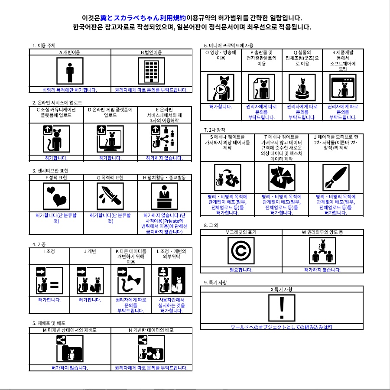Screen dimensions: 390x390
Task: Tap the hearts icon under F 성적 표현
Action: (x=56, y=196)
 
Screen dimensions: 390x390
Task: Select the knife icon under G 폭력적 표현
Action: (x=110, y=196)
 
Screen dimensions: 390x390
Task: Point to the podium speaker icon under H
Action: (x=164, y=196)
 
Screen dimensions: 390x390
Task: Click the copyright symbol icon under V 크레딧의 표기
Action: (x=241, y=251)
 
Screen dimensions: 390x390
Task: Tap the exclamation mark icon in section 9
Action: (x=282, y=308)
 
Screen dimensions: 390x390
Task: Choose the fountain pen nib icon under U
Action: (x=336, y=178)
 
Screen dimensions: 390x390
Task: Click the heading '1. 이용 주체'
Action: (x=44, y=45)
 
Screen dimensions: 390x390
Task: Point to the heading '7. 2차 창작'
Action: (x=214, y=130)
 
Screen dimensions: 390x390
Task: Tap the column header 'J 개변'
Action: (x=90, y=251)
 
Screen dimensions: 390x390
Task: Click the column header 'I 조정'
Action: (x=49, y=251)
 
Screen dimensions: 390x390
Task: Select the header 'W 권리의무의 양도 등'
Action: (x=322, y=233)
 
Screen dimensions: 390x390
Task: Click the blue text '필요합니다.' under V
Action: (x=241, y=270)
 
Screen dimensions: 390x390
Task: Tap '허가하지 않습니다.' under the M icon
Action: (x=70, y=368)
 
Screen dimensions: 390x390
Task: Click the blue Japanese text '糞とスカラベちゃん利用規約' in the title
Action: (x=143, y=18)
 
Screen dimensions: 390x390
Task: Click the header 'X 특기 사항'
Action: (x=282, y=289)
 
